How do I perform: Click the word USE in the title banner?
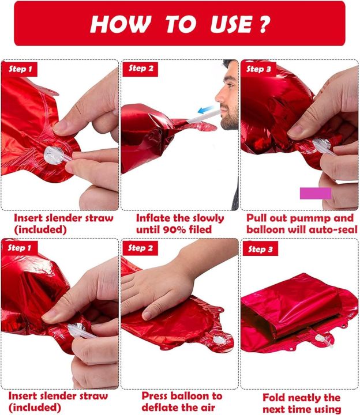coord(231,24)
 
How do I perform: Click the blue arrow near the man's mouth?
coord(207,110)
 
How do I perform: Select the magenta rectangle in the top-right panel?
coord(316,193)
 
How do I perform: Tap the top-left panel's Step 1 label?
coord(20,69)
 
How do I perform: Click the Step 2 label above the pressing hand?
coord(140,248)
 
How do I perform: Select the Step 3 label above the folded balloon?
coord(260,249)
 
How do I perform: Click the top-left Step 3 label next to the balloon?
coord(258,69)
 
